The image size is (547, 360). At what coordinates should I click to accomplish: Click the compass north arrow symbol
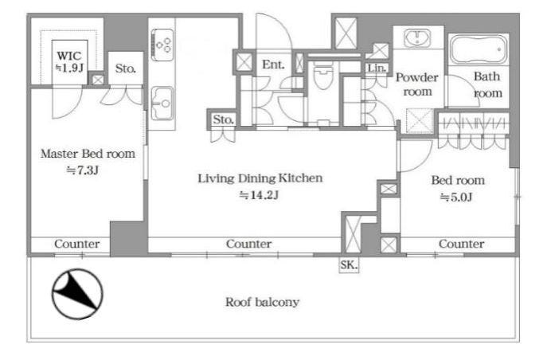pos(77,293)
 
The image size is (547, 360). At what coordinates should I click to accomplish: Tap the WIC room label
pos(69,56)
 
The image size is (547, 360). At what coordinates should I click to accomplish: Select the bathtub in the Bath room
pos(479,49)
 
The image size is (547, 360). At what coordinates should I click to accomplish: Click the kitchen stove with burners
pos(162,45)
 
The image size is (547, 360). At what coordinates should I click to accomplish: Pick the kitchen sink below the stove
pos(162,104)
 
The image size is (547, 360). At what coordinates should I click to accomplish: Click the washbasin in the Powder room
pos(417,37)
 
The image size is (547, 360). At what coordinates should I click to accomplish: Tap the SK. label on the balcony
pos(349,265)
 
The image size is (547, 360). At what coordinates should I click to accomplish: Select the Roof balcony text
pos(262,302)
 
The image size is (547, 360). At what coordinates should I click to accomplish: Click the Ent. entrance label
pos(273,65)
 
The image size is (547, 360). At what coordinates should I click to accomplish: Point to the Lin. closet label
pos(377,68)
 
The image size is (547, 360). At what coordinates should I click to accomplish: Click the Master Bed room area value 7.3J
pos(83,170)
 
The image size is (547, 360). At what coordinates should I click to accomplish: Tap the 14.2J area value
pos(259,195)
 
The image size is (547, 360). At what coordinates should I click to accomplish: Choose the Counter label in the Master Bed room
pos(76,244)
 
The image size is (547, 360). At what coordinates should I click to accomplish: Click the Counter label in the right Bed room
pos(461,244)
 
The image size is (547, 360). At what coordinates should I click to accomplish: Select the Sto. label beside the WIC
pos(126,68)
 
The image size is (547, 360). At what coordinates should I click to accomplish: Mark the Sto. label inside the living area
pos(223,119)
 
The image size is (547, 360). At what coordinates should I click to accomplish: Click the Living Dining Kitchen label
pos(260,178)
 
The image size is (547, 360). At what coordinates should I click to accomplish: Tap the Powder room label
pos(417,84)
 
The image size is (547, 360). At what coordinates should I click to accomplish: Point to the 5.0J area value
pos(456,197)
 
